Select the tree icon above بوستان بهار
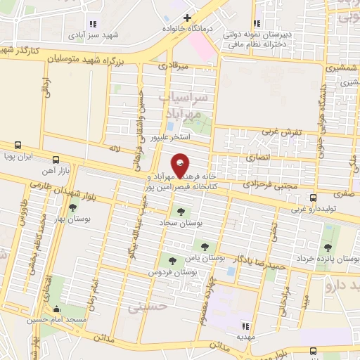pyautogui.click(x=73, y=207)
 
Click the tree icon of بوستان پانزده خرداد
pyautogui.click(x=327, y=247)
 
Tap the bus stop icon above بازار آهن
pyautogui.click(x=56, y=160)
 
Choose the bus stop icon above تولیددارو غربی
pyautogui.click(x=313, y=198)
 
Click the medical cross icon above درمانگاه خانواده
pyautogui.click(x=187, y=18)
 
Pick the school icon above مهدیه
pyautogui.click(x=245, y=326)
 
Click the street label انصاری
pyautogui.click(x=258, y=158)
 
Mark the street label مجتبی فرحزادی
pyautogui.click(x=269, y=182)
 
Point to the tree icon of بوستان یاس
pyautogui.click(x=205, y=246)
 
